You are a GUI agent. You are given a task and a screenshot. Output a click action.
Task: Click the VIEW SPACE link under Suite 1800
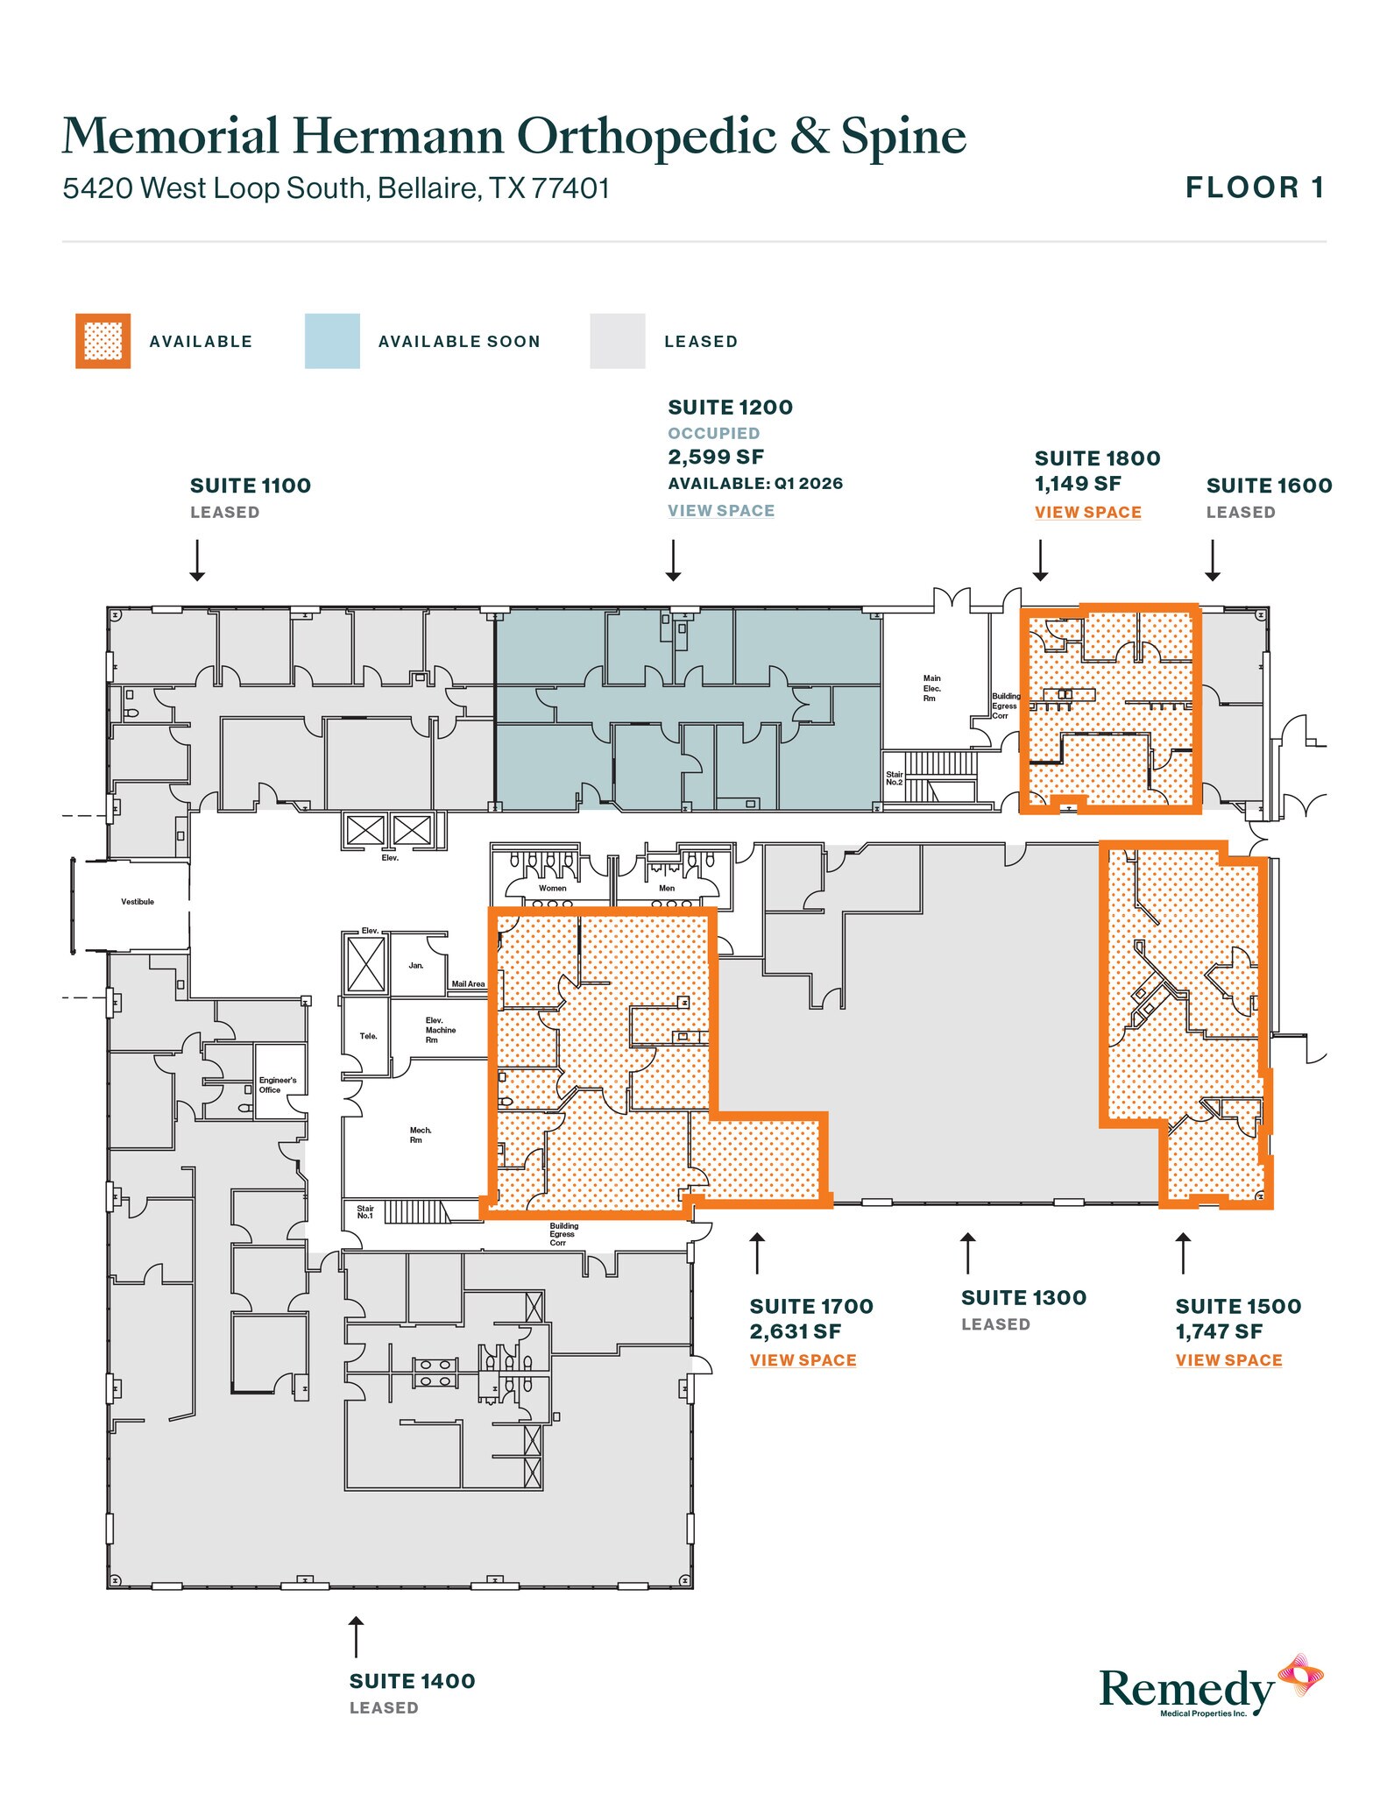tap(1087, 512)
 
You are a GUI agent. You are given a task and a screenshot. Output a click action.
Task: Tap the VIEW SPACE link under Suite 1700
tap(803, 1359)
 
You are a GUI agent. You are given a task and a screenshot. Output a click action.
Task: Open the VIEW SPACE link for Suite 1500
tap(1228, 1359)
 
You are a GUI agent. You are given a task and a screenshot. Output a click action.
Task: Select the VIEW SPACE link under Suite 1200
tap(720, 510)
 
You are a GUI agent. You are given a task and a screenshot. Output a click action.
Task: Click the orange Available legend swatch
tap(103, 341)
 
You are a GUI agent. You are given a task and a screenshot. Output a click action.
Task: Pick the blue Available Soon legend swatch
tap(332, 341)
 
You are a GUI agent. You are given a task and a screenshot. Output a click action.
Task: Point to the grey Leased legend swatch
tap(617, 341)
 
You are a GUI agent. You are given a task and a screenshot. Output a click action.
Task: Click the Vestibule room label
tap(138, 901)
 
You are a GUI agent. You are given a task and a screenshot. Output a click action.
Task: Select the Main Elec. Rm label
tap(931, 688)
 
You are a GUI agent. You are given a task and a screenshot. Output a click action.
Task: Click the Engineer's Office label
tap(277, 1085)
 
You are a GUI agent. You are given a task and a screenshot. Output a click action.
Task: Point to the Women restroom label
tap(552, 888)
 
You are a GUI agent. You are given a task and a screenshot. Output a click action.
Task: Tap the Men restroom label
tap(667, 888)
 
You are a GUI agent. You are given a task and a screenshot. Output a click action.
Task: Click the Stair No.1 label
tap(364, 1212)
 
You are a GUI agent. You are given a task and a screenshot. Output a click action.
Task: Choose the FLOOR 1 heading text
tap(1255, 188)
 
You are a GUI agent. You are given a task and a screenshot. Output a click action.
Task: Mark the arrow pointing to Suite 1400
tap(356, 1636)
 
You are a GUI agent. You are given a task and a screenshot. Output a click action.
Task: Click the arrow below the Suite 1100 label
tap(197, 560)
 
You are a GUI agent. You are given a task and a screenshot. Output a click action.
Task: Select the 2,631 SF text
tap(795, 1331)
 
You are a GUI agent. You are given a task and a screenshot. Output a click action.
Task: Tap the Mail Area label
tap(468, 984)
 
